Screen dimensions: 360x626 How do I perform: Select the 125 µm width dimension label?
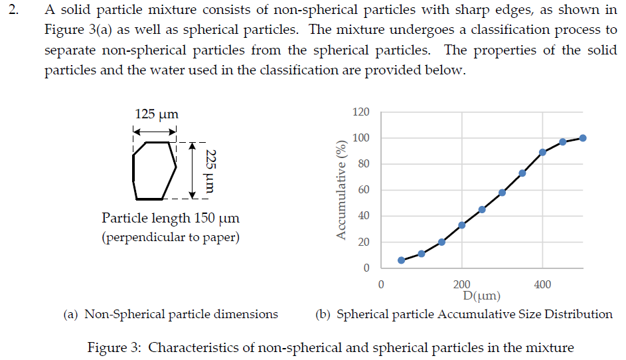click(x=156, y=114)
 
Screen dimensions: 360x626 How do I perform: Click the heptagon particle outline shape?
click(x=155, y=171)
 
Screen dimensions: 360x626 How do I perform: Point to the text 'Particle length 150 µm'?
click(x=171, y=218)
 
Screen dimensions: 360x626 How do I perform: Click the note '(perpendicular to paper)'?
click(x=171, y=237)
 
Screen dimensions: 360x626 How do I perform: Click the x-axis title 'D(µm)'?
click(x=482, y=296)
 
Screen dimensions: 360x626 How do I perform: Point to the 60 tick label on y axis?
click(x=363, y=190)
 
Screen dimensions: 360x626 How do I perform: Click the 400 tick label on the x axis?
click(x=542, y=285)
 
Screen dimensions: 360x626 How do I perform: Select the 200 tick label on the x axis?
click(x=461, y=285)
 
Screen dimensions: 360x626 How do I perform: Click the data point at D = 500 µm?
click(x=583, y=138)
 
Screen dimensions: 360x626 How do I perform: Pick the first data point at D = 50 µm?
click(x=401, y=260)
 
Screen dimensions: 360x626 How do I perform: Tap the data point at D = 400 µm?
click(x=542, y=152)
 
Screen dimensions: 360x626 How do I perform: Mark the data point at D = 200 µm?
click(x=461, y=225)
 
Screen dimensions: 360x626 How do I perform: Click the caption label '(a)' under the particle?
click(x=71, y=314)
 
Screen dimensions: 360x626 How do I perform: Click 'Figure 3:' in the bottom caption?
click(x=115, y=347)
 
